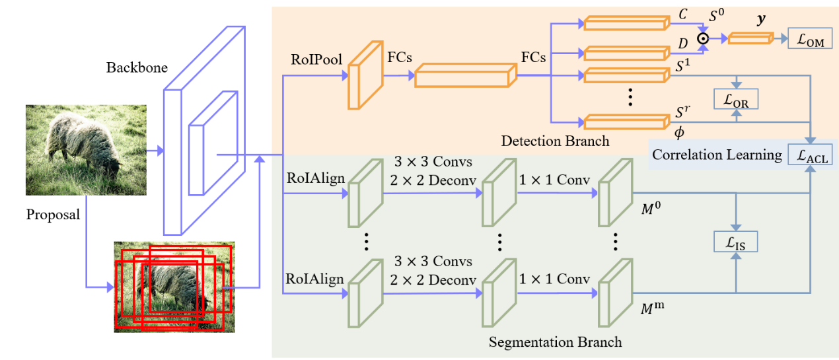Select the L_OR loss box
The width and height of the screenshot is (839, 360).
(735, 99)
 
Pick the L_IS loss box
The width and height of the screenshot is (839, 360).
(735, 242)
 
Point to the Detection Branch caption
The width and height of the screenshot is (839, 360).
(555, 140)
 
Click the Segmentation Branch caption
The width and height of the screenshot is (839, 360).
(555, 342)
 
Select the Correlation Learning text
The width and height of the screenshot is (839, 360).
(716, 155)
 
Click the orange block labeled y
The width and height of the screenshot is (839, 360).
(750, 38)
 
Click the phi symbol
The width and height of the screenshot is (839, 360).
(679, 133)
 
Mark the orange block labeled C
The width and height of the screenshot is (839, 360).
(624, 24)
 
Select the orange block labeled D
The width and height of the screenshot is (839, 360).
(624, 52)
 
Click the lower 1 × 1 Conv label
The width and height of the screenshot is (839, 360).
(554, 279)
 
